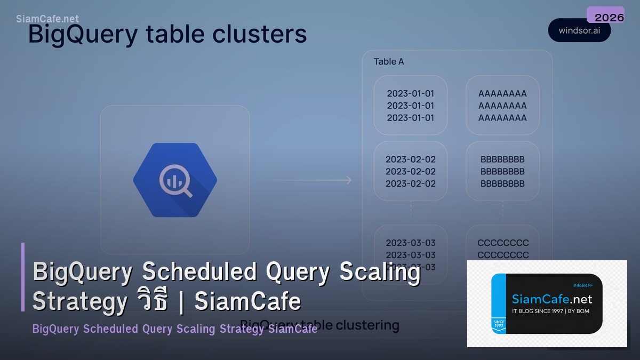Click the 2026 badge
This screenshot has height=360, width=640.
pos(605,16)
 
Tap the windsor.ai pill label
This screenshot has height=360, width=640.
pos(579,30)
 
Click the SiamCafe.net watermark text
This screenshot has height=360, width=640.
pos(47,19)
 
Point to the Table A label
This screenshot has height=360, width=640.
pos(389,61)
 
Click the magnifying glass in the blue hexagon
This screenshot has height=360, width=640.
pos(176,181)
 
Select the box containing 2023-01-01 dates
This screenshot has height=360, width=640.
pos(410,105)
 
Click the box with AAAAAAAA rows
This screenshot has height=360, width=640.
pos(502,105)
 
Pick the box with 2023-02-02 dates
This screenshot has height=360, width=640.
pos(410,171)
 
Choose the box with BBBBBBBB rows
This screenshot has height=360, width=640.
pos(502,171)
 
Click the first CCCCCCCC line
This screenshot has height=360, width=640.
pos(503,243)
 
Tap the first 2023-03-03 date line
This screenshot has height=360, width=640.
pos(411,243)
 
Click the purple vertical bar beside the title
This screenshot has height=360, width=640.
pos(23,277)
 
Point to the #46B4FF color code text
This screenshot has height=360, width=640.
pos(583,285)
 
